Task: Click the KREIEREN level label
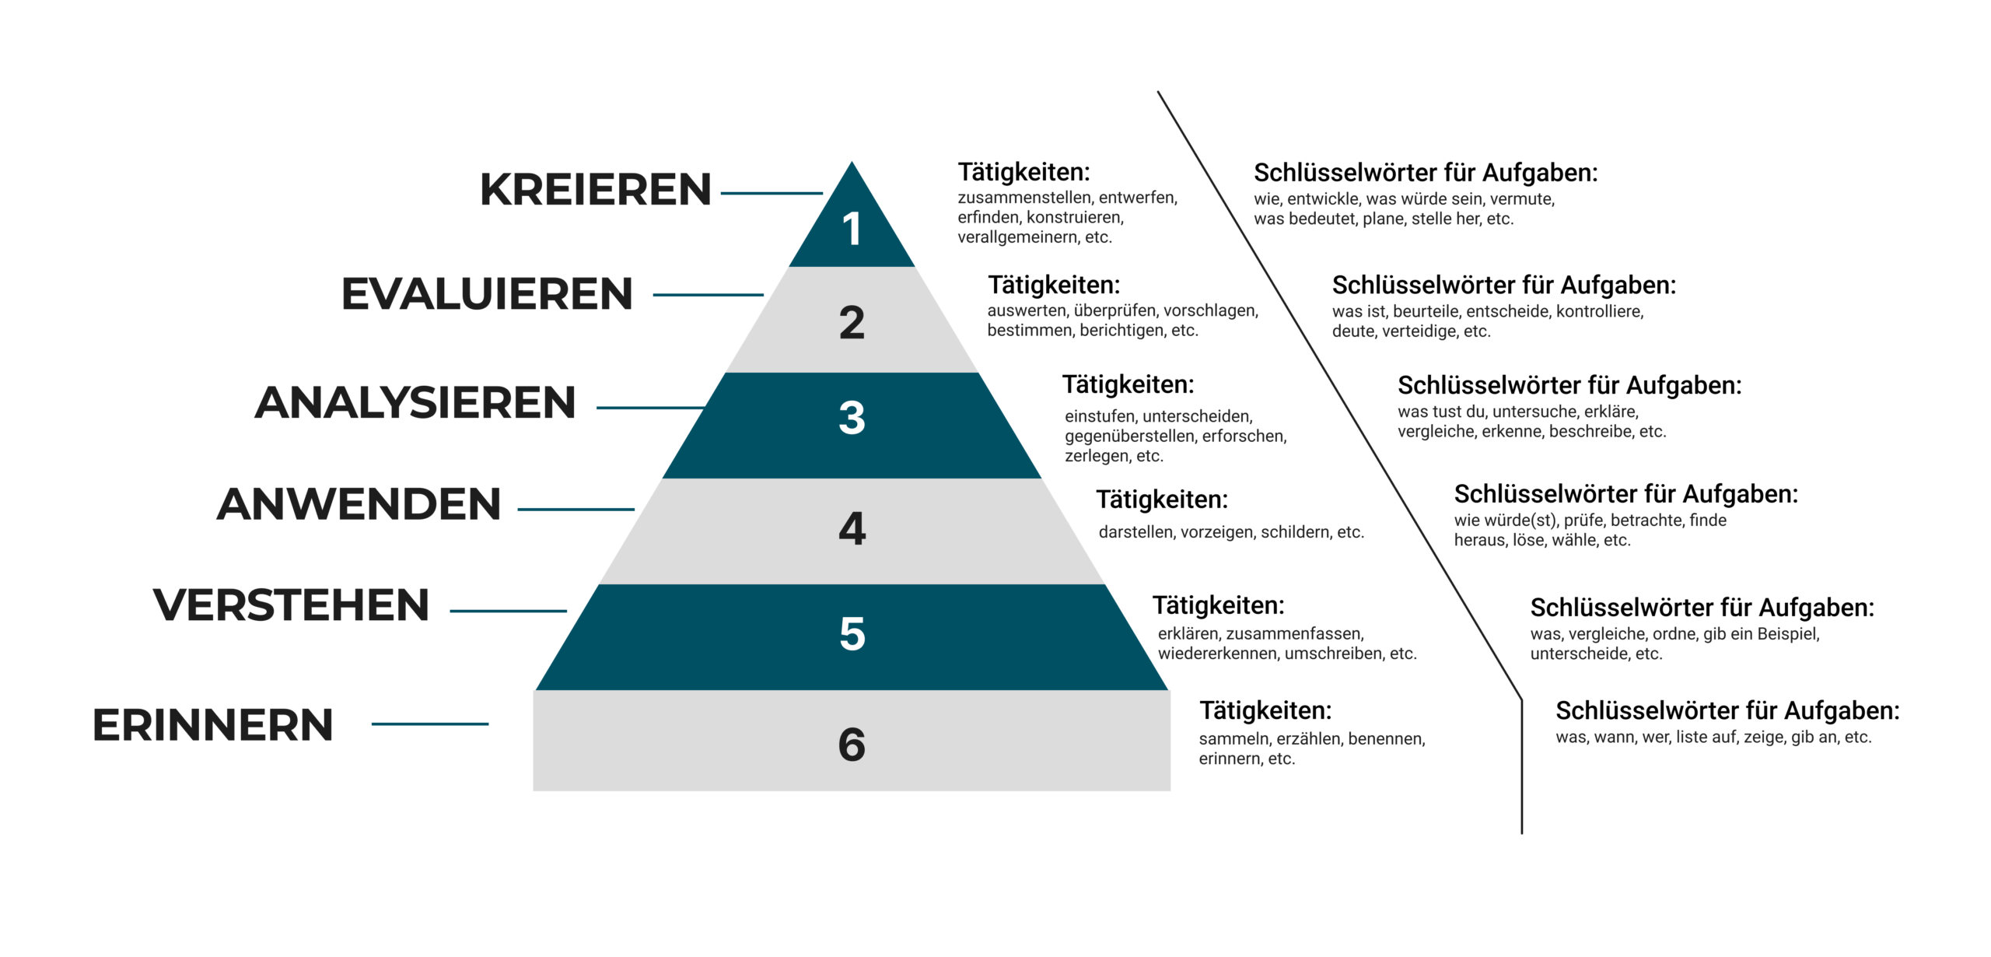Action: (596, 189)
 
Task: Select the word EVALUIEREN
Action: (487, 294)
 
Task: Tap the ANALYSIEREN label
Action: (415, 402)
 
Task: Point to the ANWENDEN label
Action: (359, 504)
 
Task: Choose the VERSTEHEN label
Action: (291, 605)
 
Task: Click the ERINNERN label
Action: (213, 725)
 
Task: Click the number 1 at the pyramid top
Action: (852, 229)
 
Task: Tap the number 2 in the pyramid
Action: (852, 322)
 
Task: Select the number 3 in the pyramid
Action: (852, 417)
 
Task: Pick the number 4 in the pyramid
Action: (852, 528)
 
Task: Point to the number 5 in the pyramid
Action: (852, 633)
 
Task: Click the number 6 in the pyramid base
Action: (852, 745)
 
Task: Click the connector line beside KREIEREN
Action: (772, 193)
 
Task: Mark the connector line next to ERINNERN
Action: (430, 724)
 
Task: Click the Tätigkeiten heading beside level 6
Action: (1265, 710)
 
